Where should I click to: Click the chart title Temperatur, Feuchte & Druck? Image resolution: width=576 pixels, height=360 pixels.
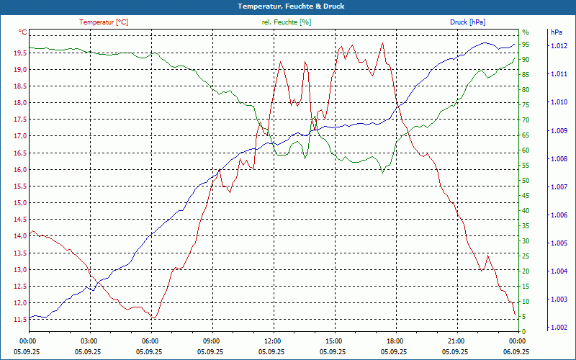pos(288,6)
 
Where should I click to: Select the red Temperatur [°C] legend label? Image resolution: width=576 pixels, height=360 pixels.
pos(104,22)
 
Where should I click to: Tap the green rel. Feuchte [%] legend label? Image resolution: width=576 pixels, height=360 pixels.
pos(287,22)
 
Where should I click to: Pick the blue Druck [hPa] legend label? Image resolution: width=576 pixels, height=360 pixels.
pos(468,22)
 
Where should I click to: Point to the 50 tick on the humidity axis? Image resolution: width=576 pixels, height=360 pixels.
pos(526,181)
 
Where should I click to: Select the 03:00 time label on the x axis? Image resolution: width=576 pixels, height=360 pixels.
pos(89,341)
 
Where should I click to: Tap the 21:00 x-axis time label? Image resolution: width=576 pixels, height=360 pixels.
pos(456,341)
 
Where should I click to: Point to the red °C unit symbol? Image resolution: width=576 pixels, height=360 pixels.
pos(23,32)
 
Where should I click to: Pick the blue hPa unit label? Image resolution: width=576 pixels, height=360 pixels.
pos(556,32)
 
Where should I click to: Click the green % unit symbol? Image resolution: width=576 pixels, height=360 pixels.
pos(526,32)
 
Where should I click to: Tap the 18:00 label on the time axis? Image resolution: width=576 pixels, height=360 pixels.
pos(395,341)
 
